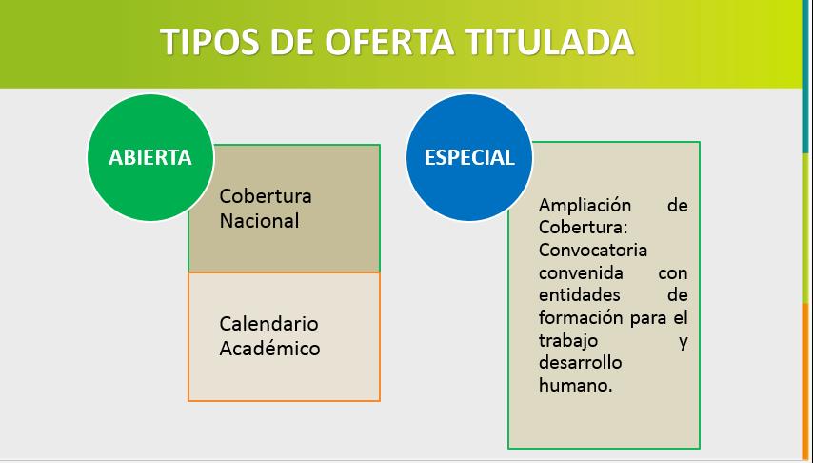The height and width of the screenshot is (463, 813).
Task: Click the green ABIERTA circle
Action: pos(150,157)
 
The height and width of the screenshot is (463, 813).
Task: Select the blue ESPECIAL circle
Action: pos(469,157)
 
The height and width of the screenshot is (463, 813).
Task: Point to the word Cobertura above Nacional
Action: pos(266,196)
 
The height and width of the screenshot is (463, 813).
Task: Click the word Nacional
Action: pos(259,220)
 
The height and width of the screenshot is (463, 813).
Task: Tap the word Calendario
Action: pos(268,324)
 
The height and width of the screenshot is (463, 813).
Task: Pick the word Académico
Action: pos(269,348)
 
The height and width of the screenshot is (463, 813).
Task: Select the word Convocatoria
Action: pos(593,251)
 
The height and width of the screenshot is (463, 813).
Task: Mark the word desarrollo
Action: pos(580,363)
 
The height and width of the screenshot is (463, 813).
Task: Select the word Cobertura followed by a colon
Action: pos(578,228)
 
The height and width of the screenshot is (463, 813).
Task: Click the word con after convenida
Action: pos(672,272)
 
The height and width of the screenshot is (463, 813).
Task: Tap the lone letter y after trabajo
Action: pos(684,341)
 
